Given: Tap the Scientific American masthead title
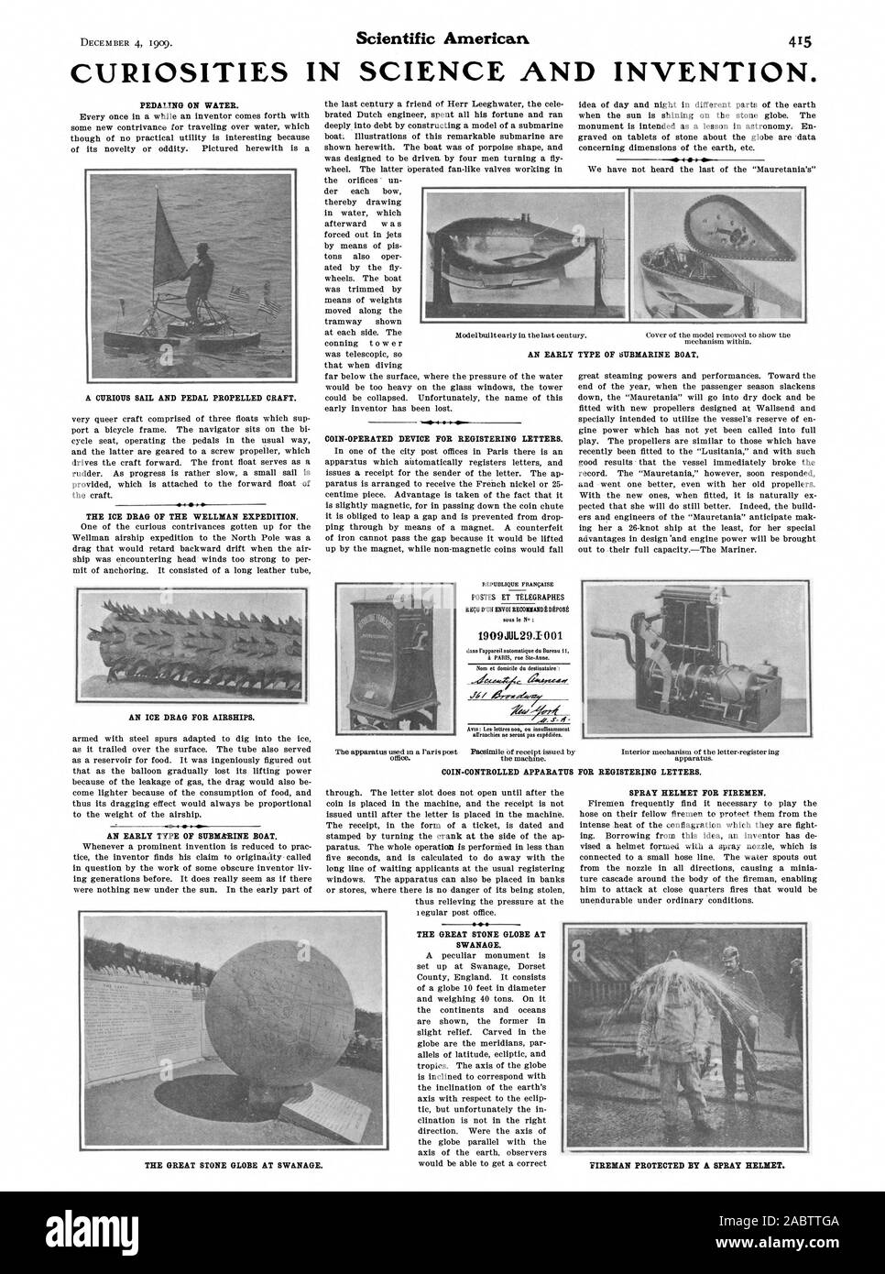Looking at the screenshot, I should pos(442,14).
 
